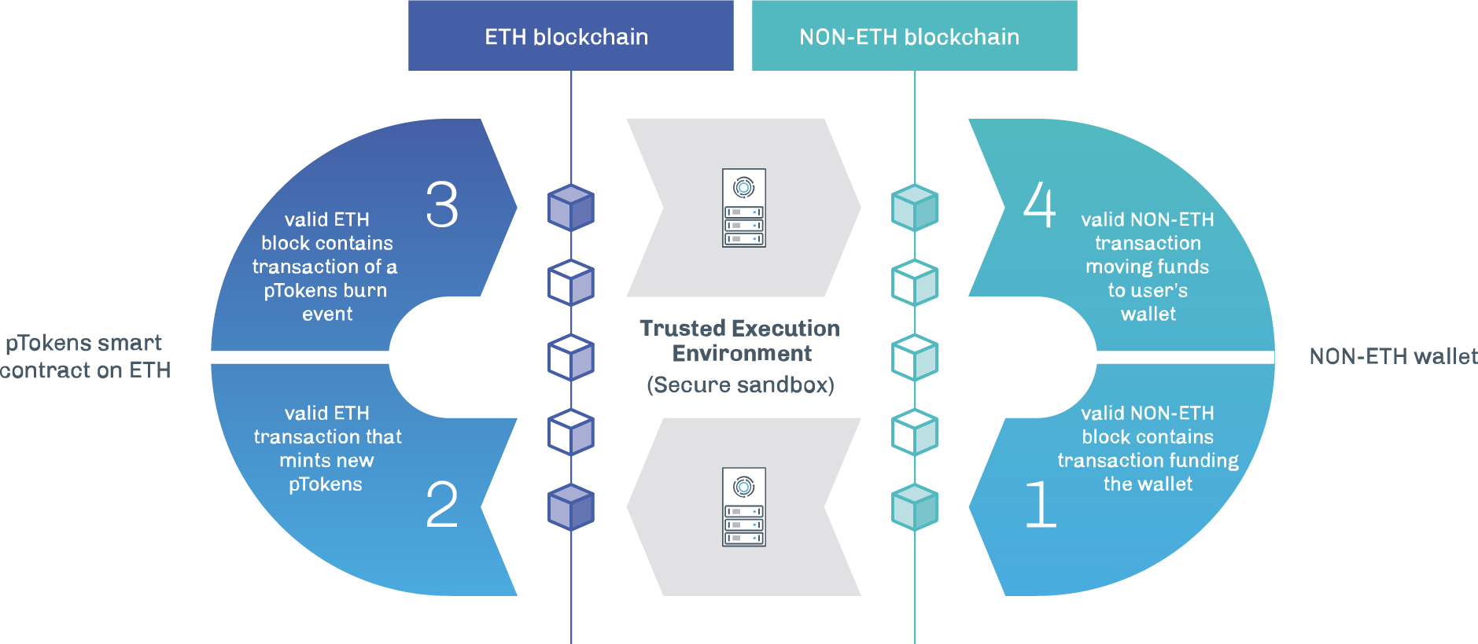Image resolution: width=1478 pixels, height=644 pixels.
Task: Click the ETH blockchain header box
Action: [x=570, y=36]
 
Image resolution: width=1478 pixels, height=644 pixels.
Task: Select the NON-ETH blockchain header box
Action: [x=914, y=36]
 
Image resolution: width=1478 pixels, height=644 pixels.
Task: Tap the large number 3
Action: [x=442, y=204]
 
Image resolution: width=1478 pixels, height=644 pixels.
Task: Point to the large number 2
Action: [x=442, y=504]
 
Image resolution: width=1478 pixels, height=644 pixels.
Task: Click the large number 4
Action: [x=1040, y=204]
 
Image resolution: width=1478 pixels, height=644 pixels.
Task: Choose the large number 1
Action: [x=1041, y=504]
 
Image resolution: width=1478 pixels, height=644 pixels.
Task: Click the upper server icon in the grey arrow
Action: [x=743, y=208]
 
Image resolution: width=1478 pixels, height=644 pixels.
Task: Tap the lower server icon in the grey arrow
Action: [x=743, y=507]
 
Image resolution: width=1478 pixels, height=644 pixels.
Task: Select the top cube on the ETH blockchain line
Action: [x=571, y=208]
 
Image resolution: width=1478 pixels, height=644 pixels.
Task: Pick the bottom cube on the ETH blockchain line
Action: [x=571, y=507]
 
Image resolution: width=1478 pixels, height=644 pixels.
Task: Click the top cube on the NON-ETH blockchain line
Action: [x=915, y=208]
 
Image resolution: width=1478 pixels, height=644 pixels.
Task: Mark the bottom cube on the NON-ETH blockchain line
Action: [x=915, y=507]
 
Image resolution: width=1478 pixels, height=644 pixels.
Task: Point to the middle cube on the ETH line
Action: [x=571, y=358]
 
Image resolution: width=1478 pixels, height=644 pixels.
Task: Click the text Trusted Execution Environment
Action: [x=740, y=340]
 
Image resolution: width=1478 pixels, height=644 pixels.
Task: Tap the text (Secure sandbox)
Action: [x=740, y=385]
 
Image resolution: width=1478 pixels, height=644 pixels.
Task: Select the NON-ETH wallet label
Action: [x=1393, y=356]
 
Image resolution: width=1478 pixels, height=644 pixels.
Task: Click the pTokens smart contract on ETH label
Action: [x=84, y=356]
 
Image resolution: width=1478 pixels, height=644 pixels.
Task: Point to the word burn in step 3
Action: [x=365, y=290]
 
